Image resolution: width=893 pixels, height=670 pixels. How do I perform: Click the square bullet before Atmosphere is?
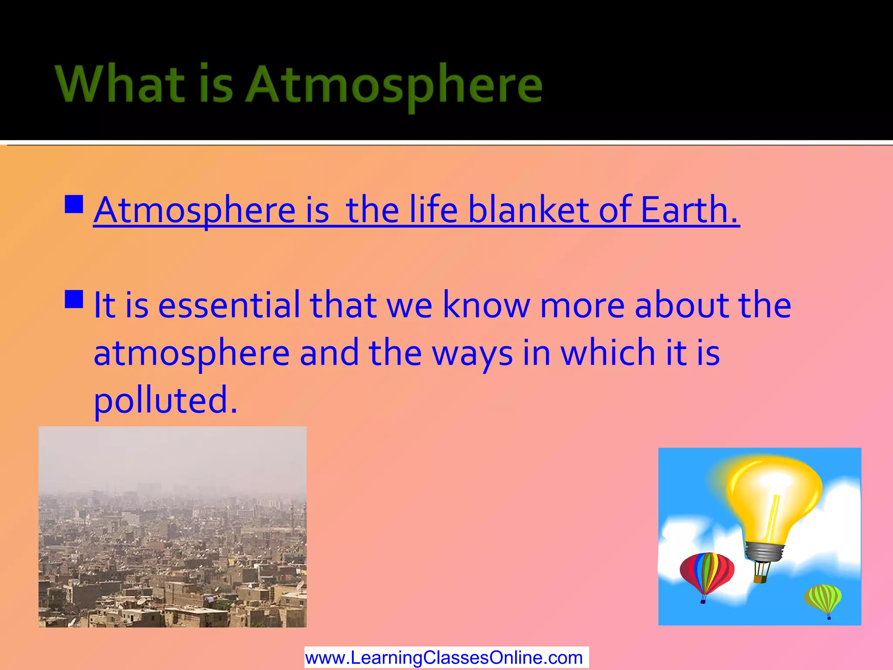pyautogui.click(x=74, y=204)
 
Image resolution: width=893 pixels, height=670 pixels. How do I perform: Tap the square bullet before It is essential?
pyautogui.click(x=74, y=300)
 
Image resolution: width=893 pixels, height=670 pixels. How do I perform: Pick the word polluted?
pyautogui.click(x=166, y=400)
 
